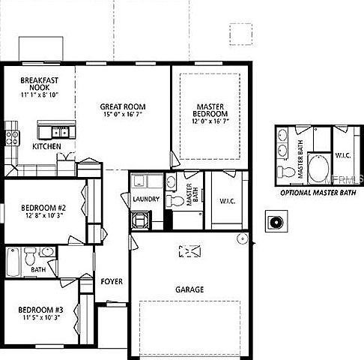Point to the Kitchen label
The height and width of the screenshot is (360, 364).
tap(46, 147)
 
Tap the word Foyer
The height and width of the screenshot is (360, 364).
tap(112, 281)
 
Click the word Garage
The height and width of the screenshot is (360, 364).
tap(189, 289)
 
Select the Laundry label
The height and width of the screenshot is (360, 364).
tap(144, 199)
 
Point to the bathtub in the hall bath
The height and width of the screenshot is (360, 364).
tap(13, 262)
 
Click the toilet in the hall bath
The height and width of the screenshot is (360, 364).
tap(31, 259)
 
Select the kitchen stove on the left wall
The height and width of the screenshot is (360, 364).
tap(12, 136)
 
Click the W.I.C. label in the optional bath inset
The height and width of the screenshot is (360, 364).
tap(343, 156)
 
